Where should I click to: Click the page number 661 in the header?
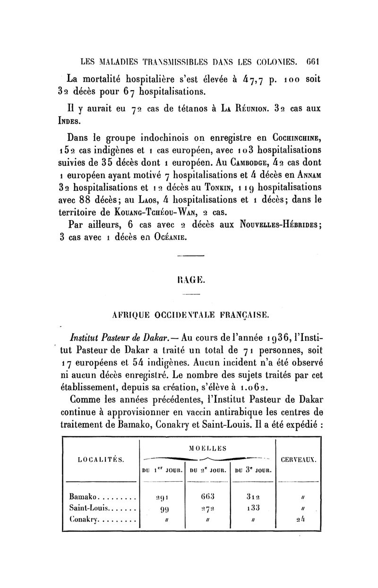pos(313,61)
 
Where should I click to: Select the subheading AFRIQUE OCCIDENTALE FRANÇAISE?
pos(189,314)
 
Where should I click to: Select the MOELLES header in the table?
pos(207,447)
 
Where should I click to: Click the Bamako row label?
pos(83,497)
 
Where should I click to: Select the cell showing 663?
pos(207,497)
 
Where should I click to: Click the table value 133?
pos(253,509)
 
